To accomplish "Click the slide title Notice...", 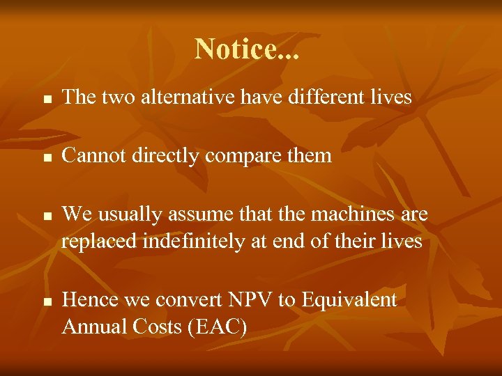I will [x=247, y=49].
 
